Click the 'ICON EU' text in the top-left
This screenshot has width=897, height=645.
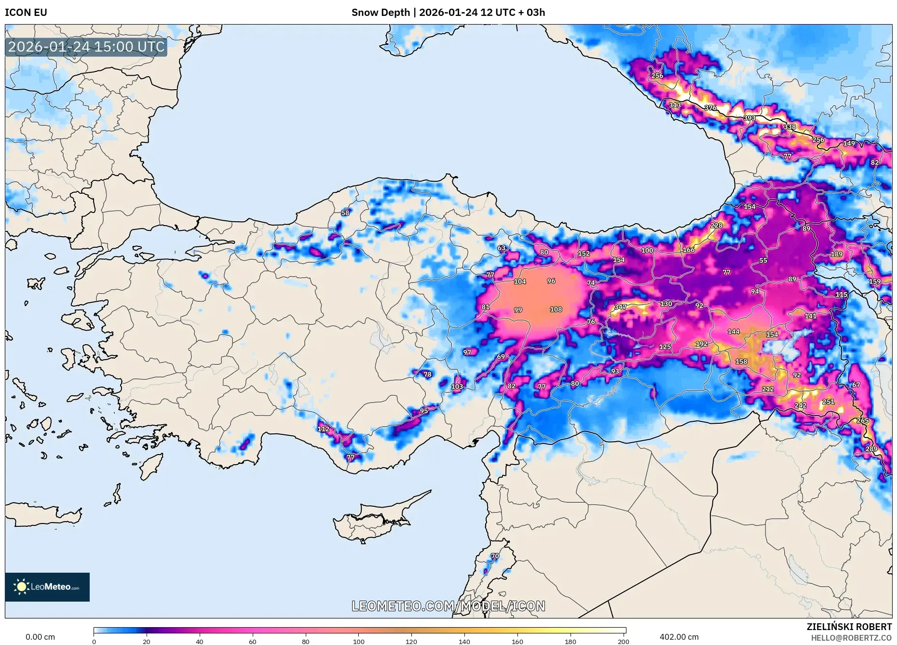coord(26,13)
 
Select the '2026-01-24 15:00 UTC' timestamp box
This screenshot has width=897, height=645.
coord(86,47)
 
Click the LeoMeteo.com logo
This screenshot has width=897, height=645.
coord(47,587)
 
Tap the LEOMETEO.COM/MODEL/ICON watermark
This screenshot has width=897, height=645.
coord(448,606)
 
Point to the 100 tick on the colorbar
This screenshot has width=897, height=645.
coord(358,641)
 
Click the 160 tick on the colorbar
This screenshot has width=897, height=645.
coord(517,641)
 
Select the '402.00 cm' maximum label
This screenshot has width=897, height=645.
coord(679,637)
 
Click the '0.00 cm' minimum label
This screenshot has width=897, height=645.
coord(40,637)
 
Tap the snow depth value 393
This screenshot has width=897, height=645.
coord(749,118)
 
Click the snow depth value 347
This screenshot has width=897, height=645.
coord(620,307)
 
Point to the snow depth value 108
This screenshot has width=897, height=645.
coord(556,309)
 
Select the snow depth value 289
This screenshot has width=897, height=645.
coord(871,449)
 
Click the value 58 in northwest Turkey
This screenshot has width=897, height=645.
coord(345,213)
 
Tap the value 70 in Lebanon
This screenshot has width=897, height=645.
coord(495,556)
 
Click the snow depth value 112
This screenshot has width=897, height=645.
coord(323,429)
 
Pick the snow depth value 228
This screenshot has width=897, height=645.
coord(716,225)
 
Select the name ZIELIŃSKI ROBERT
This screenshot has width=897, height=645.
coord(849,627)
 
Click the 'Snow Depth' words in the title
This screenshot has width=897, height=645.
coord(381,13)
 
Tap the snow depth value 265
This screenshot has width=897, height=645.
coord(862,420)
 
